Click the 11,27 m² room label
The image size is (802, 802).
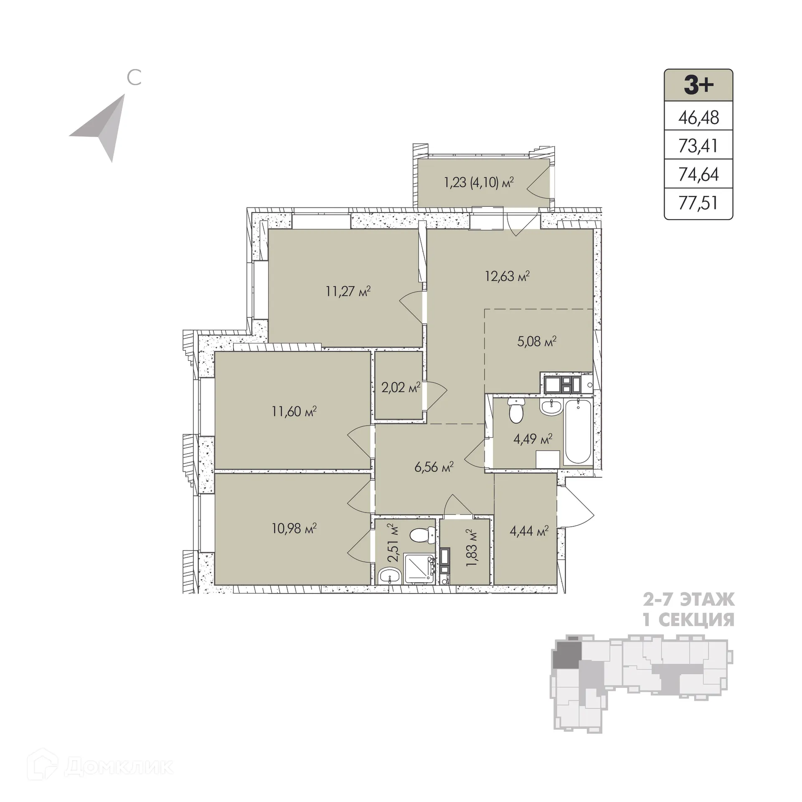[x=348, y=291]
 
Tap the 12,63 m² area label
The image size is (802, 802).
[x=507, y=276]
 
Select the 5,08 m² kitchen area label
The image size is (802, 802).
[x=536, y=342]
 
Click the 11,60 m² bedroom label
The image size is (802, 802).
[x=294, y=411]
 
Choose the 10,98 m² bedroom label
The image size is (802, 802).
[x=294, y=528]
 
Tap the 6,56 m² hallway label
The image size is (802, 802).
[x=434, y=467]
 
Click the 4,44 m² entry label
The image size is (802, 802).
[x=529, y=531]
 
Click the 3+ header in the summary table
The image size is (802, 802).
[x=698, y=85]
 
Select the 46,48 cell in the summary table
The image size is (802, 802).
[x=698, y=117]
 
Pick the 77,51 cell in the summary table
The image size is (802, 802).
[x=698, y=203]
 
